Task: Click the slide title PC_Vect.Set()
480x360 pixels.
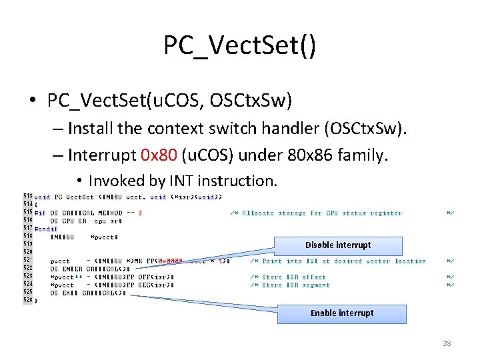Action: (x=240, y=46)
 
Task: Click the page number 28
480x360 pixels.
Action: (x=447, y=343)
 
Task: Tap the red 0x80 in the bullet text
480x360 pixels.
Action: (x=159, y=155)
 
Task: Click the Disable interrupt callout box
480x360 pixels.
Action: (x=338, y=245)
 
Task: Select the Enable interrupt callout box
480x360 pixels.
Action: (x=341, y=313)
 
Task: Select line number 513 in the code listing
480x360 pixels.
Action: (x=28, y=197)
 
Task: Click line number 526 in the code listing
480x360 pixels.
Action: (x=28, y=301)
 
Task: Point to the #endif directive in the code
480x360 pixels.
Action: (x=45, y=229)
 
